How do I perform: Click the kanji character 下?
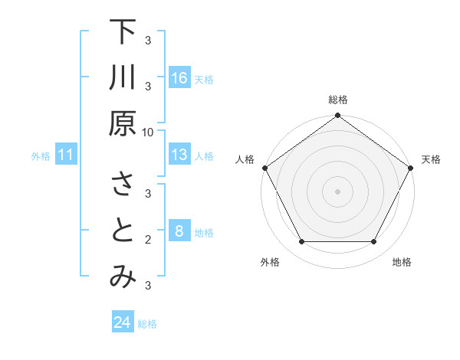[123, 33]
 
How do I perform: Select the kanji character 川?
[123, 79]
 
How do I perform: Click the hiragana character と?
[123, 232]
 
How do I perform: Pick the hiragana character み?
[123, 278]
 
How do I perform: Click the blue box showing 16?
[179, 78]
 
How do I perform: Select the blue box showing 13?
[179, 155]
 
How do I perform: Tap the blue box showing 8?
[179, 231]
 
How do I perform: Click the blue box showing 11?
[66, 155]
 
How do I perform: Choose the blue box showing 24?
[123, 322]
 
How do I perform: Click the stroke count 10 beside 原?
[148, 132]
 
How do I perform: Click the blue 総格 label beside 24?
[147, 324]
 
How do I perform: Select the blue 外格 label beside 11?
[41, 156]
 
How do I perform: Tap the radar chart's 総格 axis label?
[337, 100]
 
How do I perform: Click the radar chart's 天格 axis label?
[431, 159]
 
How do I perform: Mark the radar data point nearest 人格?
[264, 168]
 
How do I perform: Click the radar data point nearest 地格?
[374, 242]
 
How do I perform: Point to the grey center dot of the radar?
[337, 191]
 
